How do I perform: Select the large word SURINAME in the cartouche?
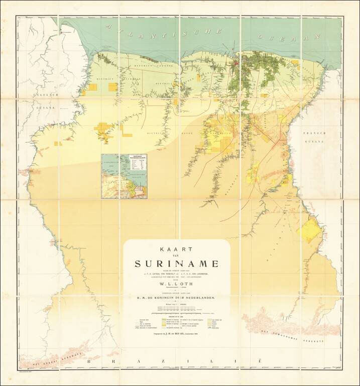click(176, 264)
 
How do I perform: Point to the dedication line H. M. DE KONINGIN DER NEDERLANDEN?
click(176, 299)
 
